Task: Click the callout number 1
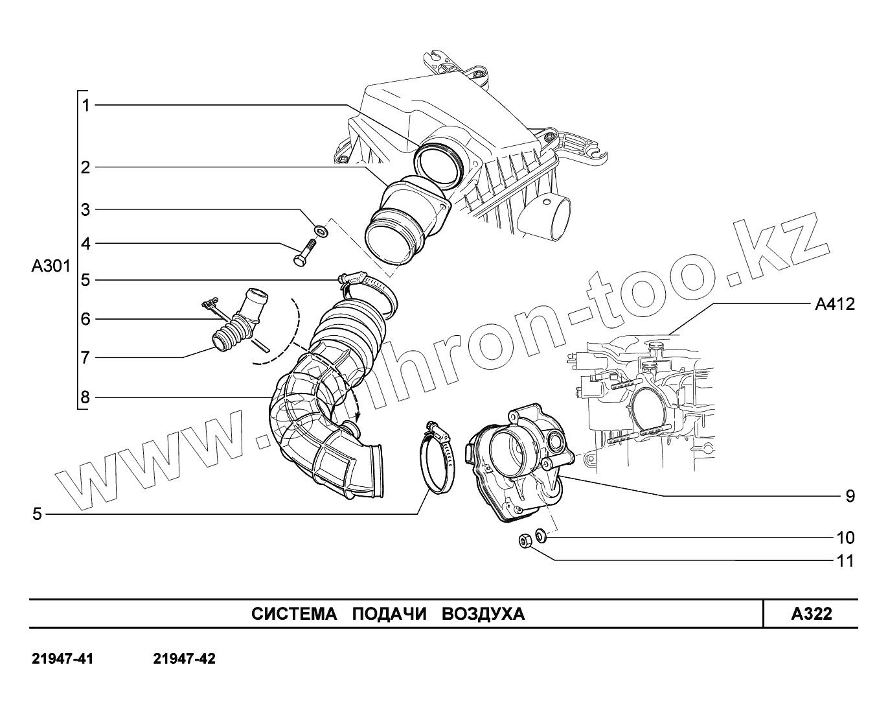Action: [x=85, y=105]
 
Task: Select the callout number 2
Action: [x=85, y=168]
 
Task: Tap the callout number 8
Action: [x=85, y=397]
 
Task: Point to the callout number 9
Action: [x=850, y=497]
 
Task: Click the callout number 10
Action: [x=845, y=538]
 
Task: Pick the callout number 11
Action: [x=845, y=561]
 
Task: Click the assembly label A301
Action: [x=51, y=266]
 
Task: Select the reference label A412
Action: [x=834, y=303]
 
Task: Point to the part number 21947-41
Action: [x=63, y=660]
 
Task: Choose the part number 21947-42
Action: [x=185, y=660]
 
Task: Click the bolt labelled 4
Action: [x=303, y=254]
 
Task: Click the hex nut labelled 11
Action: [x=525, y=540]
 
